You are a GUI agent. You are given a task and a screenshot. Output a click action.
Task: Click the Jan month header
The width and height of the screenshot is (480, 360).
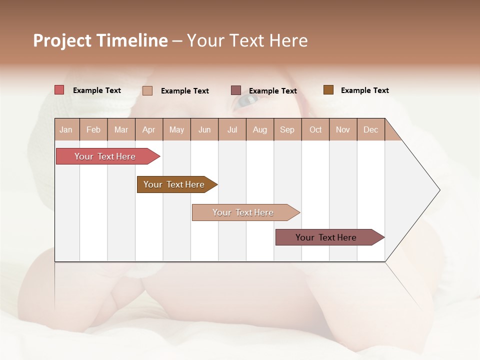click(x=66, y=129)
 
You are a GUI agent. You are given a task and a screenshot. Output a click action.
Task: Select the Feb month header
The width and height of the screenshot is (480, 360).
click(x=93, y=129)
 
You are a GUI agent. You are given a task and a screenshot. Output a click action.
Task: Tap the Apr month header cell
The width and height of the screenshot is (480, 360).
click(x=149, y=129)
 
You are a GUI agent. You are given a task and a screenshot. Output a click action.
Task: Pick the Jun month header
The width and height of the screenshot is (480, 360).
click(x=204, y=129)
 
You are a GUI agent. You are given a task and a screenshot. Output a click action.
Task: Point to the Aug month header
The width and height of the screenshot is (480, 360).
click(x=260, y=129)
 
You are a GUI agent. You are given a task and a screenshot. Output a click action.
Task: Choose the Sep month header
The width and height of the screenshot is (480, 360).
click(x=287, y=129)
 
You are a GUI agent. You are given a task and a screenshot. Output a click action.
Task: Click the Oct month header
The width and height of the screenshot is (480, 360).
click(x=315, y=129)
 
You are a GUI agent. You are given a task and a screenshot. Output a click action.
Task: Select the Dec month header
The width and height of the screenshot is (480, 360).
click(x=371, y=129)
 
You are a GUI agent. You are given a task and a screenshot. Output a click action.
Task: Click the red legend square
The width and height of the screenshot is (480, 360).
click(x=59, y=90)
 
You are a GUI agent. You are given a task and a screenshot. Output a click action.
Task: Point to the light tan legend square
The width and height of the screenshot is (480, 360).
click(x=147, y=90)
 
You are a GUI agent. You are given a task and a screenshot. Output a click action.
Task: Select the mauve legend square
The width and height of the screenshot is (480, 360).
click(x=236, y=90)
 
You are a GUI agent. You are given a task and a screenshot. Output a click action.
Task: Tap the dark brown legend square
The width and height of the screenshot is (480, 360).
click(x=328, y=90)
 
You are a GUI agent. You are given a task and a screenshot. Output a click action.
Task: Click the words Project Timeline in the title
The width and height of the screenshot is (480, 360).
click(x=100, y=40)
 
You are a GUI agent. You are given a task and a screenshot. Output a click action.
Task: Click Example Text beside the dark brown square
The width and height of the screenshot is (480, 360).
click(x=364, y=90)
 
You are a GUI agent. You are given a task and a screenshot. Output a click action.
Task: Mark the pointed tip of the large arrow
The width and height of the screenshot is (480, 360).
click(x=439, y=190)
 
